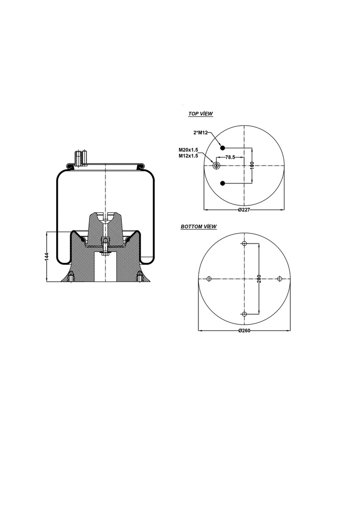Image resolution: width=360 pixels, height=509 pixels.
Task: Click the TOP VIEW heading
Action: click(x=200, y=114)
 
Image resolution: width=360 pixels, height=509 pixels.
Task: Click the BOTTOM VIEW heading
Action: click(x=198, y=227)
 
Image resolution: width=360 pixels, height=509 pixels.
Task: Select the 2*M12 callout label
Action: click(x=200, y=133)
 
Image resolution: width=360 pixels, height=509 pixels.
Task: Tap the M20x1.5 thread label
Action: click(x=188, y=150)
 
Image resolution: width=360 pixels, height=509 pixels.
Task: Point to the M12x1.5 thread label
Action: click(x=188, y=156)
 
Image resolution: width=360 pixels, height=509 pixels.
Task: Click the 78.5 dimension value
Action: click(x=230, y=157)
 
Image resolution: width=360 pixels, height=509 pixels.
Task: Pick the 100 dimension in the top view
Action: click(x=252, y=165)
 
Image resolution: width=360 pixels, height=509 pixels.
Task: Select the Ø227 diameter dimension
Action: click(x=244, y=210)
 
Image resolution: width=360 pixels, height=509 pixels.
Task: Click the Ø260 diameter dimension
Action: click(x=244, y=331)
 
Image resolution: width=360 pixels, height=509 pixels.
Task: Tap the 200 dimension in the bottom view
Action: click(x=260, y=279)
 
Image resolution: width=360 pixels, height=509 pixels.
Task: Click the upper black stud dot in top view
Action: click(x=223, y=147)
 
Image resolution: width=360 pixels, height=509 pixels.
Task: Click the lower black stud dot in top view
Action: click(x=223, y=183)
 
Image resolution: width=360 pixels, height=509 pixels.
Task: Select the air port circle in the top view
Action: click(x=216, y=166)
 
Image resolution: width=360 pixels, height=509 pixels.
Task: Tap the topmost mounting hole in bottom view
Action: click(x=244, y=243)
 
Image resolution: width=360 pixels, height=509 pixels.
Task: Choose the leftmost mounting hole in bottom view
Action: click(x=209, y=279)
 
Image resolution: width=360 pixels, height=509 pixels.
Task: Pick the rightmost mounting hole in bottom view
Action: click(x=280, y=279)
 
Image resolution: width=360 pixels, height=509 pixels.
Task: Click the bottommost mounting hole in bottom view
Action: click(x=244, y=314)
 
